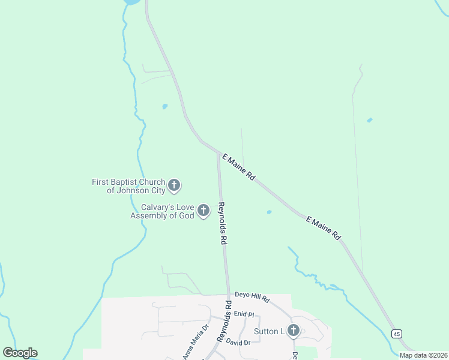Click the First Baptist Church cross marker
(174, 185)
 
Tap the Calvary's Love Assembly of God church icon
(203, 211)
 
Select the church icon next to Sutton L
(294, 331)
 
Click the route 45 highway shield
(396, 334)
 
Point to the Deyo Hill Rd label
(252, 298)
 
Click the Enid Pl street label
(244, 314)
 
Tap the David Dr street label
(238, 342)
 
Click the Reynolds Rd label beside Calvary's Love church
(222, 223)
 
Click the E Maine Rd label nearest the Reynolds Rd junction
(239, 167)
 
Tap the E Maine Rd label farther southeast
(323, 228)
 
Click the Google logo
(20, 353)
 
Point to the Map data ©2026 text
(423, 355)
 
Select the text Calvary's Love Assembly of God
(162, 211)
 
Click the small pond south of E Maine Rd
(269, 212)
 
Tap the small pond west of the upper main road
(164, 107)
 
